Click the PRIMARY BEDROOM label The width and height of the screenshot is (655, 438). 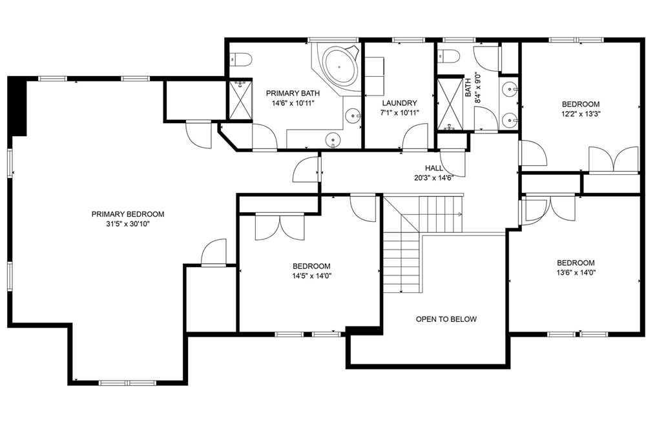(128, 214)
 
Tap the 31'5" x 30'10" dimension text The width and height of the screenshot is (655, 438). (128, 224)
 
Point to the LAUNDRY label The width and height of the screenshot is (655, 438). (399, 103)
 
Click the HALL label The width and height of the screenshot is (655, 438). (434, 168)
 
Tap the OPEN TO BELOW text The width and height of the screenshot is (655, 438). (446, 319)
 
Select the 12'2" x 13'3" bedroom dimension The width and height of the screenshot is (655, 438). (580, 114)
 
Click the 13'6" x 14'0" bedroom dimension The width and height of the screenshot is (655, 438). (576, 273)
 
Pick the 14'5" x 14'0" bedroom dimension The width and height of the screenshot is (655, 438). (311, 275)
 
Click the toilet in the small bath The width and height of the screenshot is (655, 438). (448, 55)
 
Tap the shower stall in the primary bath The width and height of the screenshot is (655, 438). (240, 100)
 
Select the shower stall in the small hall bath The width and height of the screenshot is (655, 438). (450, 104)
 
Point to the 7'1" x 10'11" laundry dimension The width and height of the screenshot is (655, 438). (399, 113)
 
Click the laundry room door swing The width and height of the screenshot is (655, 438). (415, 136)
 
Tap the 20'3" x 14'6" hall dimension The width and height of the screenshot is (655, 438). (433, 177)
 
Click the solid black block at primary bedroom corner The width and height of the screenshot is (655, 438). (17, 106)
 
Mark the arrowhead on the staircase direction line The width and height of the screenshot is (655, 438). (460, 214)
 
